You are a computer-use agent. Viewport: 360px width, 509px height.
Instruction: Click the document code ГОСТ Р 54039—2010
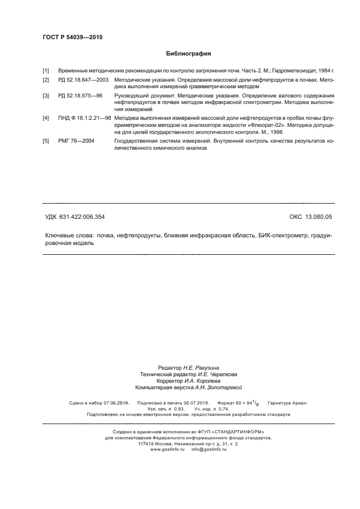point(72,38)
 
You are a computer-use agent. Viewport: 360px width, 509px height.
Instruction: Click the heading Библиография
point(188,54)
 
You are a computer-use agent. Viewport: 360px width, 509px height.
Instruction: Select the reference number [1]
point(46,71)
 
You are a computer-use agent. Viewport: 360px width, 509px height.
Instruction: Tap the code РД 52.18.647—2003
point(83,79)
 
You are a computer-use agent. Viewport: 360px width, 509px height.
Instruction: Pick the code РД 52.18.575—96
point(80,95)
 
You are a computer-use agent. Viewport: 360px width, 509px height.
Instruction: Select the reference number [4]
point(46,118)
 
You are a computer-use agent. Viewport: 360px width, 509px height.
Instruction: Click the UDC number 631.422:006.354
point(83,217)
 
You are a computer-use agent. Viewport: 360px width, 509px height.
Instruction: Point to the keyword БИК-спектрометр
point(284,236)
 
